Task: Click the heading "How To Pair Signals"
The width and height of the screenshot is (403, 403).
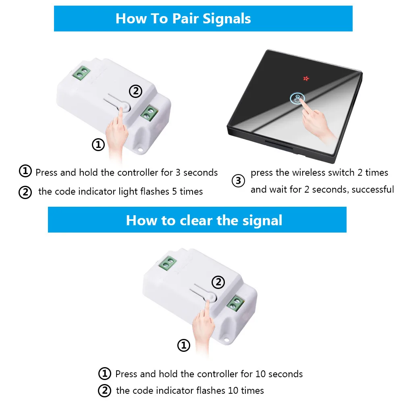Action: tap(183, 19)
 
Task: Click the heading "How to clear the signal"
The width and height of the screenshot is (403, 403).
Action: tap(204, 220)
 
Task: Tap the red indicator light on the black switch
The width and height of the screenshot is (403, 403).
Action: tap(306, 79)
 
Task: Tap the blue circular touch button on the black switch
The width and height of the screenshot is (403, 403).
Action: tap(297, 98)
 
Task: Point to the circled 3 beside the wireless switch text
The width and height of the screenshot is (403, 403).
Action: tap(238, 181)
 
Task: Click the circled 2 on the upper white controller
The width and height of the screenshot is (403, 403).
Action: tap(135, 91)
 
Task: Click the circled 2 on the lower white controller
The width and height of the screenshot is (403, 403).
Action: tap(218, 282)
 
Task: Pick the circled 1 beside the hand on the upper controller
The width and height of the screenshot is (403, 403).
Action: tap(98, 145)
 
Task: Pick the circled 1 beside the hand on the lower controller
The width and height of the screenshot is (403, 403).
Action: tap(184, 345)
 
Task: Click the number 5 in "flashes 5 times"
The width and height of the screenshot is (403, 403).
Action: tap(174, 191)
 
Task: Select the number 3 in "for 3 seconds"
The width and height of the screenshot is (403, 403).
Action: tap(178, 172)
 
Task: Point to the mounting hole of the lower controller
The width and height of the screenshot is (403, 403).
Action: tap(226, 340)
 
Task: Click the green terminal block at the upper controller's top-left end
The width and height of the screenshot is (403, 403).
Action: tap(81, 73)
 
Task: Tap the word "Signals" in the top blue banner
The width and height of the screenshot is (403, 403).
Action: tap(226, 19)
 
